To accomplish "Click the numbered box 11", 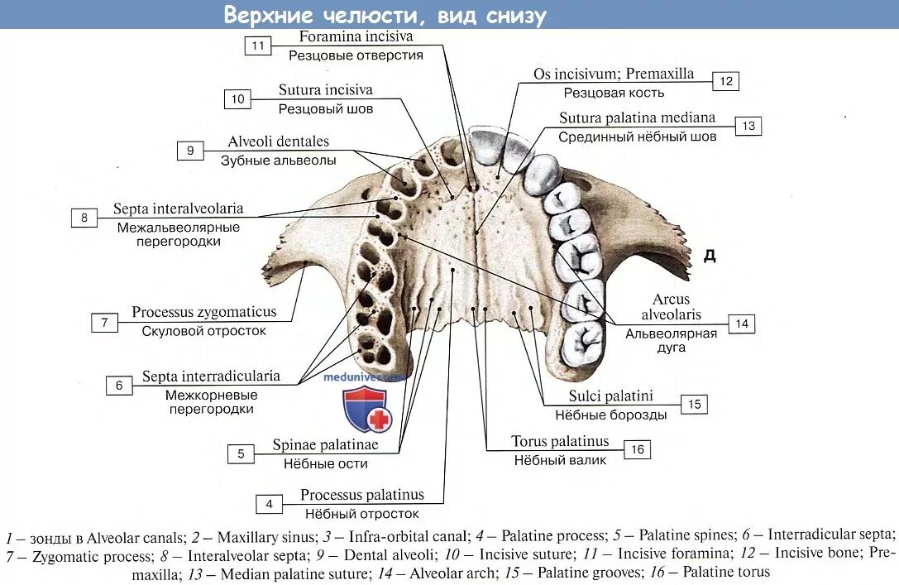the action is (258, 46).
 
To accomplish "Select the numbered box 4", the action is (269, 504).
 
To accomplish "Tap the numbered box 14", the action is (742, 324).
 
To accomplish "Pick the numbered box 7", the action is (104, 323).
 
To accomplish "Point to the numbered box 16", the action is (637, 449).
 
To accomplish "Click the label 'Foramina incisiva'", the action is (356, 36).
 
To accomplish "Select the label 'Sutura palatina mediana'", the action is (637, 117).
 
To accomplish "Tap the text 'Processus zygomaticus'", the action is (203, 312).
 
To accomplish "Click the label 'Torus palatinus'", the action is (560, 441).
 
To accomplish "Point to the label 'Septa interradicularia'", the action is (211, 376).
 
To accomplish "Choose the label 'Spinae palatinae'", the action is (325, 445).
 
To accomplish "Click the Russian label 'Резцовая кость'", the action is (614, 93).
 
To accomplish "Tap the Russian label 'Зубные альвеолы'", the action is (278, 161).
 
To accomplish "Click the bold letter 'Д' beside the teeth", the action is (709, 256).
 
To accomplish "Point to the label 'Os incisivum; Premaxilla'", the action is (614, 74).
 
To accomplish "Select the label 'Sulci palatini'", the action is (610, 396).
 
